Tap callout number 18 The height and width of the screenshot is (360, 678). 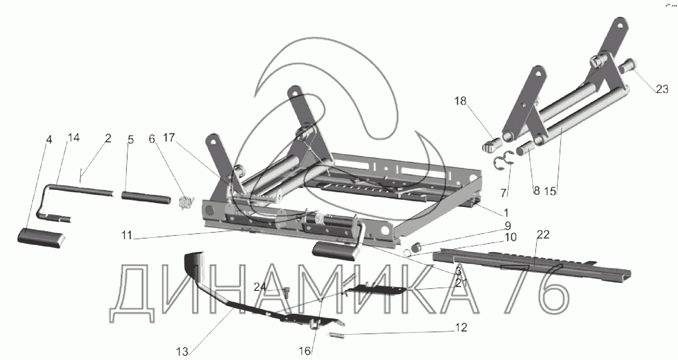point(460,101)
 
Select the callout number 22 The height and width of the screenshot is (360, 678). point(543,235)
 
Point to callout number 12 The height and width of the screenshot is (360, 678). point(461,328)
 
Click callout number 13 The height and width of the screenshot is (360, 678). point(182,352)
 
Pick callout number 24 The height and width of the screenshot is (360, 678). point(261,287)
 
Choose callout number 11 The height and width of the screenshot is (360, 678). point(127,235)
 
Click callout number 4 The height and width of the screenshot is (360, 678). point(48,140)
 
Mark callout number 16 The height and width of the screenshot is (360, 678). point(305,351)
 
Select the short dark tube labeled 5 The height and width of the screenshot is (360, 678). point(146,199)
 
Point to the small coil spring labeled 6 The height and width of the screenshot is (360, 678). point(186,202)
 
